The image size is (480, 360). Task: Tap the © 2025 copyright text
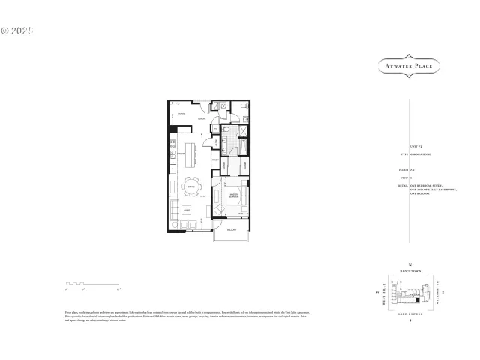pos(17,31)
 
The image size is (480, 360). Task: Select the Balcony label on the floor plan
pos(232,229)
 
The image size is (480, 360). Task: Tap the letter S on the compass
pos(409,321)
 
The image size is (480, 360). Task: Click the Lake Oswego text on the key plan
pos(409,314)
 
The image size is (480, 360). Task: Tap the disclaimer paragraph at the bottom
pos(187,314)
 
